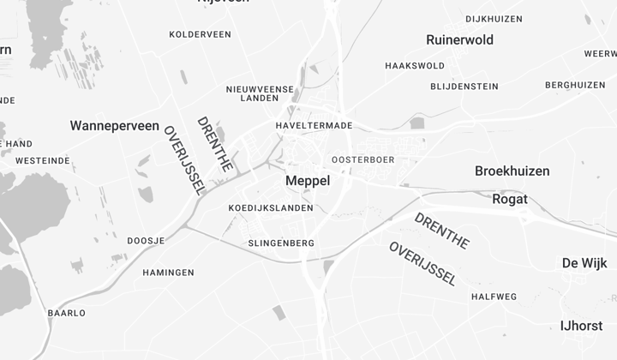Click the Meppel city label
pos(307,181)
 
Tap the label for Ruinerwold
pos(459,40)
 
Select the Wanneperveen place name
pos(114,126)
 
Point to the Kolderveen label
pos(200,34)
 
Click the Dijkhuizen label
pos(494,19)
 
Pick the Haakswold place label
pos(415,66)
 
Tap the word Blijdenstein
pos(464,86)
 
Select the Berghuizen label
pos(575,85)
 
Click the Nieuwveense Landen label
pos(260,93)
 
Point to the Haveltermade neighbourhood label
pos(314,125)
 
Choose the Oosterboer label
pos(362,159)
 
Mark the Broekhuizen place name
pos(512,171)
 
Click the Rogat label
pos(510,200)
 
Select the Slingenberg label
pos(280,243)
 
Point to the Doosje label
pos(146,241)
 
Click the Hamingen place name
pos(168,273)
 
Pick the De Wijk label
pos(584,263)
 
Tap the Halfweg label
pos(494,297)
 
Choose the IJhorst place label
pos(582,326)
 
